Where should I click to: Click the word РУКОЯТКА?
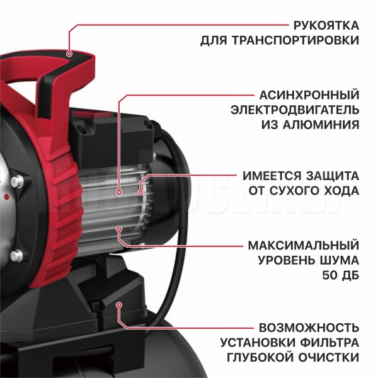tap(326, 26)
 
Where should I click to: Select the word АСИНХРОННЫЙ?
tap(309, 95)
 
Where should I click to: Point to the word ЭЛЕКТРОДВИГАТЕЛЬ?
tap(295, 110)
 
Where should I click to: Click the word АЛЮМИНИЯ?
tap(321, 125)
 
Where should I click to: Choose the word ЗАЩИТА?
tap(333, 176)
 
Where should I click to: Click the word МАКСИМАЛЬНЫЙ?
tap(304, 246)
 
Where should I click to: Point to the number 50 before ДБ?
tap(329, 275)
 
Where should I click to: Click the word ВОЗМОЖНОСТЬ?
tap(309, 328)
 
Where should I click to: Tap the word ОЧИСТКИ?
tap(329, 357)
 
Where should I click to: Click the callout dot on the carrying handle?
tap(69, 54)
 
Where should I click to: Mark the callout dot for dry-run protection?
tap(140, 192)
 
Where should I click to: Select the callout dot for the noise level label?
tap(119, 229)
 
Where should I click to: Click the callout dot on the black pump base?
tap(118, 305)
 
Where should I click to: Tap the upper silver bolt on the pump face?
tap(17, 181)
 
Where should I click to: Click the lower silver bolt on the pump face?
tap(16, 256)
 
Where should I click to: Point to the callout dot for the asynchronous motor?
tap(119, 192)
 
